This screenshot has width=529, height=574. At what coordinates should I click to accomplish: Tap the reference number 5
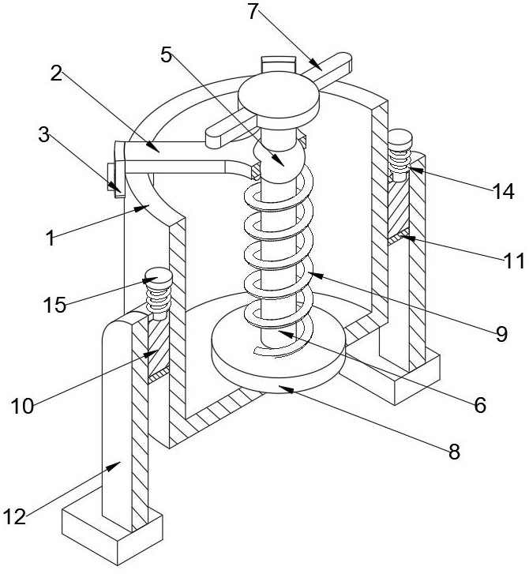[167, 55]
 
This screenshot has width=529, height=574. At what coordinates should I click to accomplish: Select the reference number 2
[56, 74]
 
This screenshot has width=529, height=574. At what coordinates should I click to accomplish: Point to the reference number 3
[44, 135]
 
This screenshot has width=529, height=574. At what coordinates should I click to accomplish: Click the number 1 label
[51, 238]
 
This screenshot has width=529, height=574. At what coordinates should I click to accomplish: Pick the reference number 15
[55, 304]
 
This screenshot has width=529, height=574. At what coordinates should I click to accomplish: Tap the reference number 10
[23, 406]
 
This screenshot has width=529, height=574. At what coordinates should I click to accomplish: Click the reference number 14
[504, 191]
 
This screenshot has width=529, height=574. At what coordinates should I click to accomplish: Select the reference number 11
[514, 261]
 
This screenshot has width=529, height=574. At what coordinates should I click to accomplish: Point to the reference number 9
[502, 333]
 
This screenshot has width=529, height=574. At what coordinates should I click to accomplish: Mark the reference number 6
[480, 405]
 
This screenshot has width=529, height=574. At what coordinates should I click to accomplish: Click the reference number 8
[454, 452]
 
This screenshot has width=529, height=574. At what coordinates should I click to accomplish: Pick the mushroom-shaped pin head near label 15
[159, 277]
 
